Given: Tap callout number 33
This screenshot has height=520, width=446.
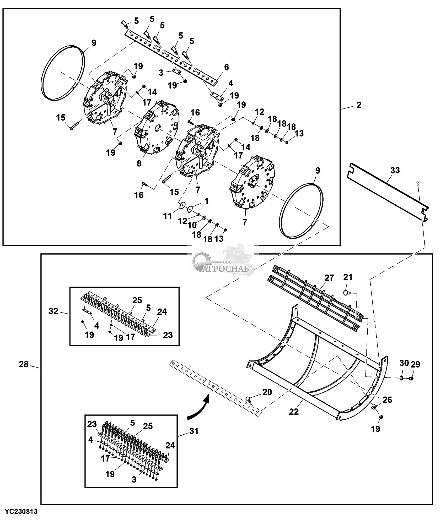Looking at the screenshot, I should [x=395, y=170].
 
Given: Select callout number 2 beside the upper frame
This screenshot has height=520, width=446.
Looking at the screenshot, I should [x=359, y=105].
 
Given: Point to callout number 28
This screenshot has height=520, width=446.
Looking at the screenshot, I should [x=24, y=364].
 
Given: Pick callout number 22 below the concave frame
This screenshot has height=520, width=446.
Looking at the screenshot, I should [x=294, y=412].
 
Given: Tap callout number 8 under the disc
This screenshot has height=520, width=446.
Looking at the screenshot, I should [x=139, y=163].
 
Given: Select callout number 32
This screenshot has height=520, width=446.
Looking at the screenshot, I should [x=54, y=311].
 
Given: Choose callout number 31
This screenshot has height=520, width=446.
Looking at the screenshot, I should [x=194, y=431].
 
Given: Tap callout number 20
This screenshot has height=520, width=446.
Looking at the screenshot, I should [x=267, y=400].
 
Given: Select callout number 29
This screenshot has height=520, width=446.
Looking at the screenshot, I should [x=416, y=364].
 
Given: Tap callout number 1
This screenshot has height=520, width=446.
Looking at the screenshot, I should [x=206, y=201].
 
